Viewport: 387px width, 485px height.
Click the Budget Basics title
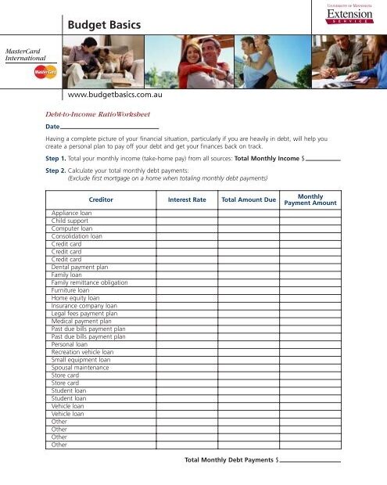pos(104,26)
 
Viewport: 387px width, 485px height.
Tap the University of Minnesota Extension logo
pos(348,15)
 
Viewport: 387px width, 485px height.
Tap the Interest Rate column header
pos(187,199)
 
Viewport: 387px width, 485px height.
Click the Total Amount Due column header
pos(249,199)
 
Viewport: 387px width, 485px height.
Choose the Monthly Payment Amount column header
pos(310,199)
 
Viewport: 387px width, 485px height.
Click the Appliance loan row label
pos(71,213)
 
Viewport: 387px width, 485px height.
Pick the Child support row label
pos(70,221)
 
